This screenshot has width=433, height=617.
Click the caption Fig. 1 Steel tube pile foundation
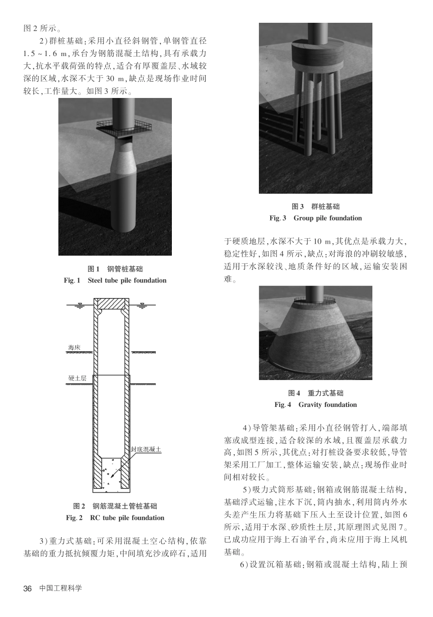pos(115,280)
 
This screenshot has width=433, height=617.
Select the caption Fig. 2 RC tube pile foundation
pos(115,518)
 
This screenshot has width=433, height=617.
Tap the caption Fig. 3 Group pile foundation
pos(315,218)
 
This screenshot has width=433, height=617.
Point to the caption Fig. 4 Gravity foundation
pos(315,405)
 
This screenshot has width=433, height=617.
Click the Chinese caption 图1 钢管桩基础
pos(115,269)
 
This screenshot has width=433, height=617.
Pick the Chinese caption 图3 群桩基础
pos(315,206)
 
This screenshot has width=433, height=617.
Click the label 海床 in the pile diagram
pos(74,348)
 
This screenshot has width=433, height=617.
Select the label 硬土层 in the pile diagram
pos(77,378)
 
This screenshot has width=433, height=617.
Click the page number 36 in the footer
pos(28,588)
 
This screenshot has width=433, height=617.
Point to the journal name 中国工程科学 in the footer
pos(61,588)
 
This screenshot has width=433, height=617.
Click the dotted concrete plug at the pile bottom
pos(111,474)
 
